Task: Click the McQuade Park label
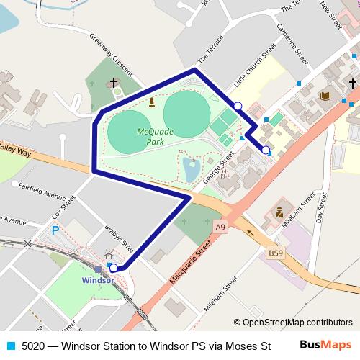(151, 137)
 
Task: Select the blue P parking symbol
(55, 231)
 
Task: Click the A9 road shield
(222, 228)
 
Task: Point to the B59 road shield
(276, 253)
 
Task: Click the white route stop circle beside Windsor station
(114, 268)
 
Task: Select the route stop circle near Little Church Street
(238, 106)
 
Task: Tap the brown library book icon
(325, 96)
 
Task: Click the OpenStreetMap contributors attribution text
(293, 323)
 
